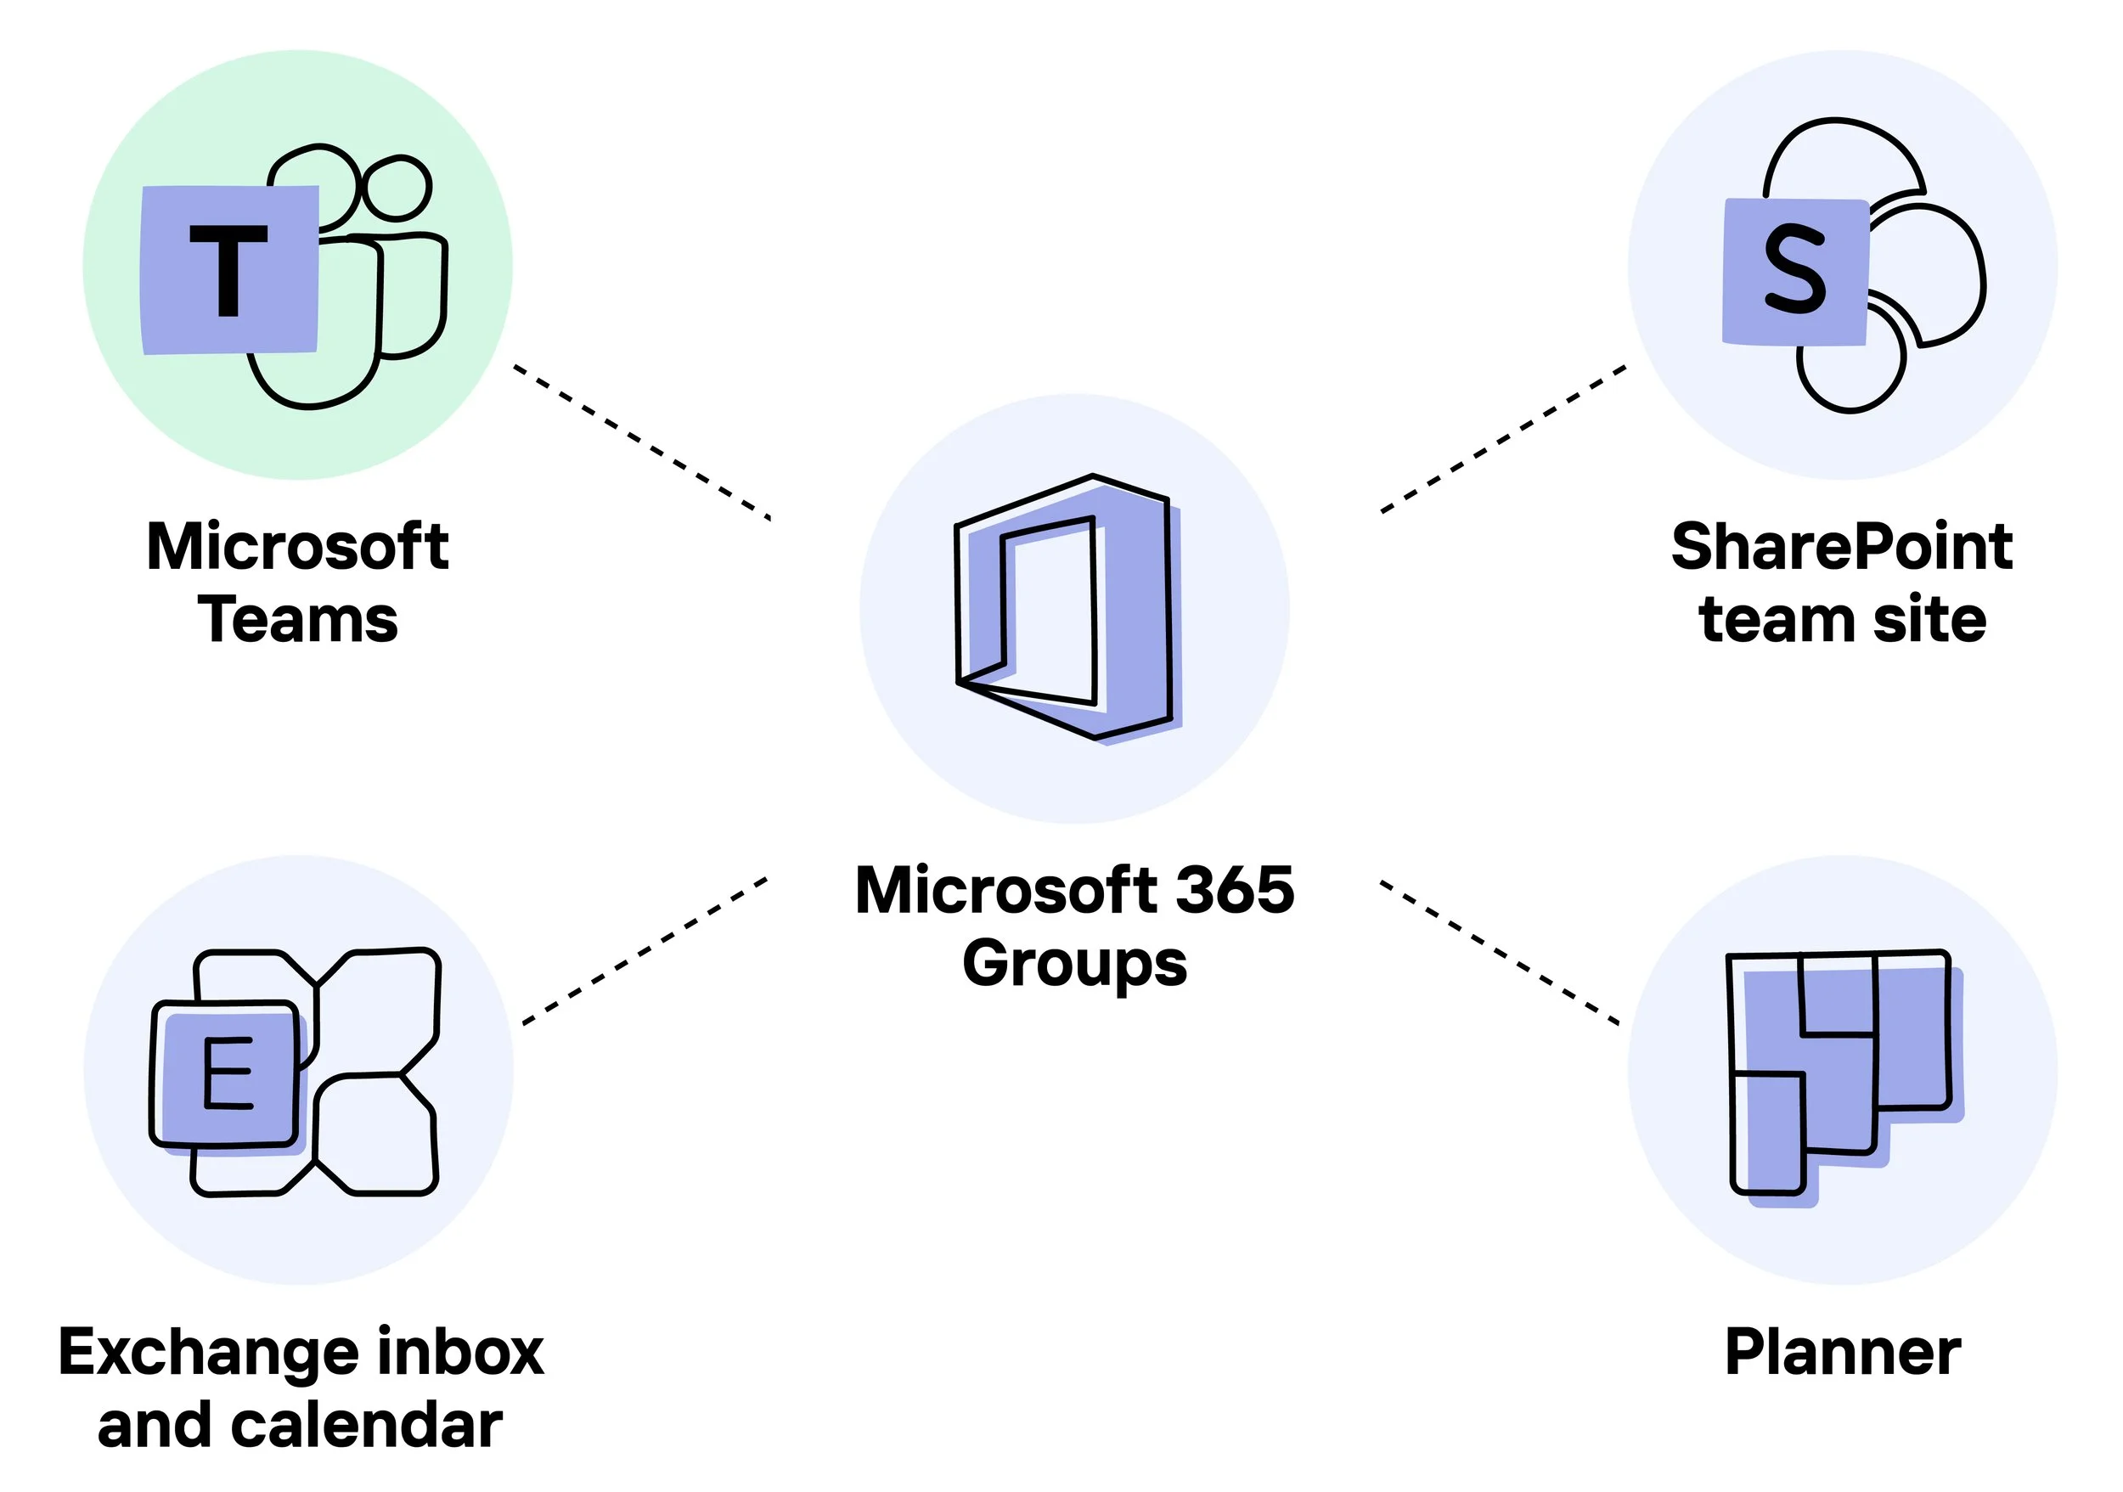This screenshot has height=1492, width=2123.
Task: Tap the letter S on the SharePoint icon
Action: tap(1794, 269)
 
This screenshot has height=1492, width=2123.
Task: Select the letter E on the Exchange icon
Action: tap(228, 1073)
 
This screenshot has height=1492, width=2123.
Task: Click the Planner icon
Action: tap(1840, 1073)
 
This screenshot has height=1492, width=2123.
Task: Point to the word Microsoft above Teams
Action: tap(298, 546)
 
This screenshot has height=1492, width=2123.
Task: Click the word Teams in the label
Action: tap(298, 619)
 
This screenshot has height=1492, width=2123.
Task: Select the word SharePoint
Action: tap(1842, 546)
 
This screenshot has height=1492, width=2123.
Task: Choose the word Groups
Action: tap(1074, 963)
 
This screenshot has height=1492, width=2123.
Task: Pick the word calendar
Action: tap(366, 1425)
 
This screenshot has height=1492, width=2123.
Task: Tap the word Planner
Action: tap(1842, 1353)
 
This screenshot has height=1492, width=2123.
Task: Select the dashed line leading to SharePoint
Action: tap(1503, 438)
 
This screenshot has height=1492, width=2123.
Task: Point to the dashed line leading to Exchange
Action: tap(645, 950)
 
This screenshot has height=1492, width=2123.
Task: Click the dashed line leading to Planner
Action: tap(1500, 953)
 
